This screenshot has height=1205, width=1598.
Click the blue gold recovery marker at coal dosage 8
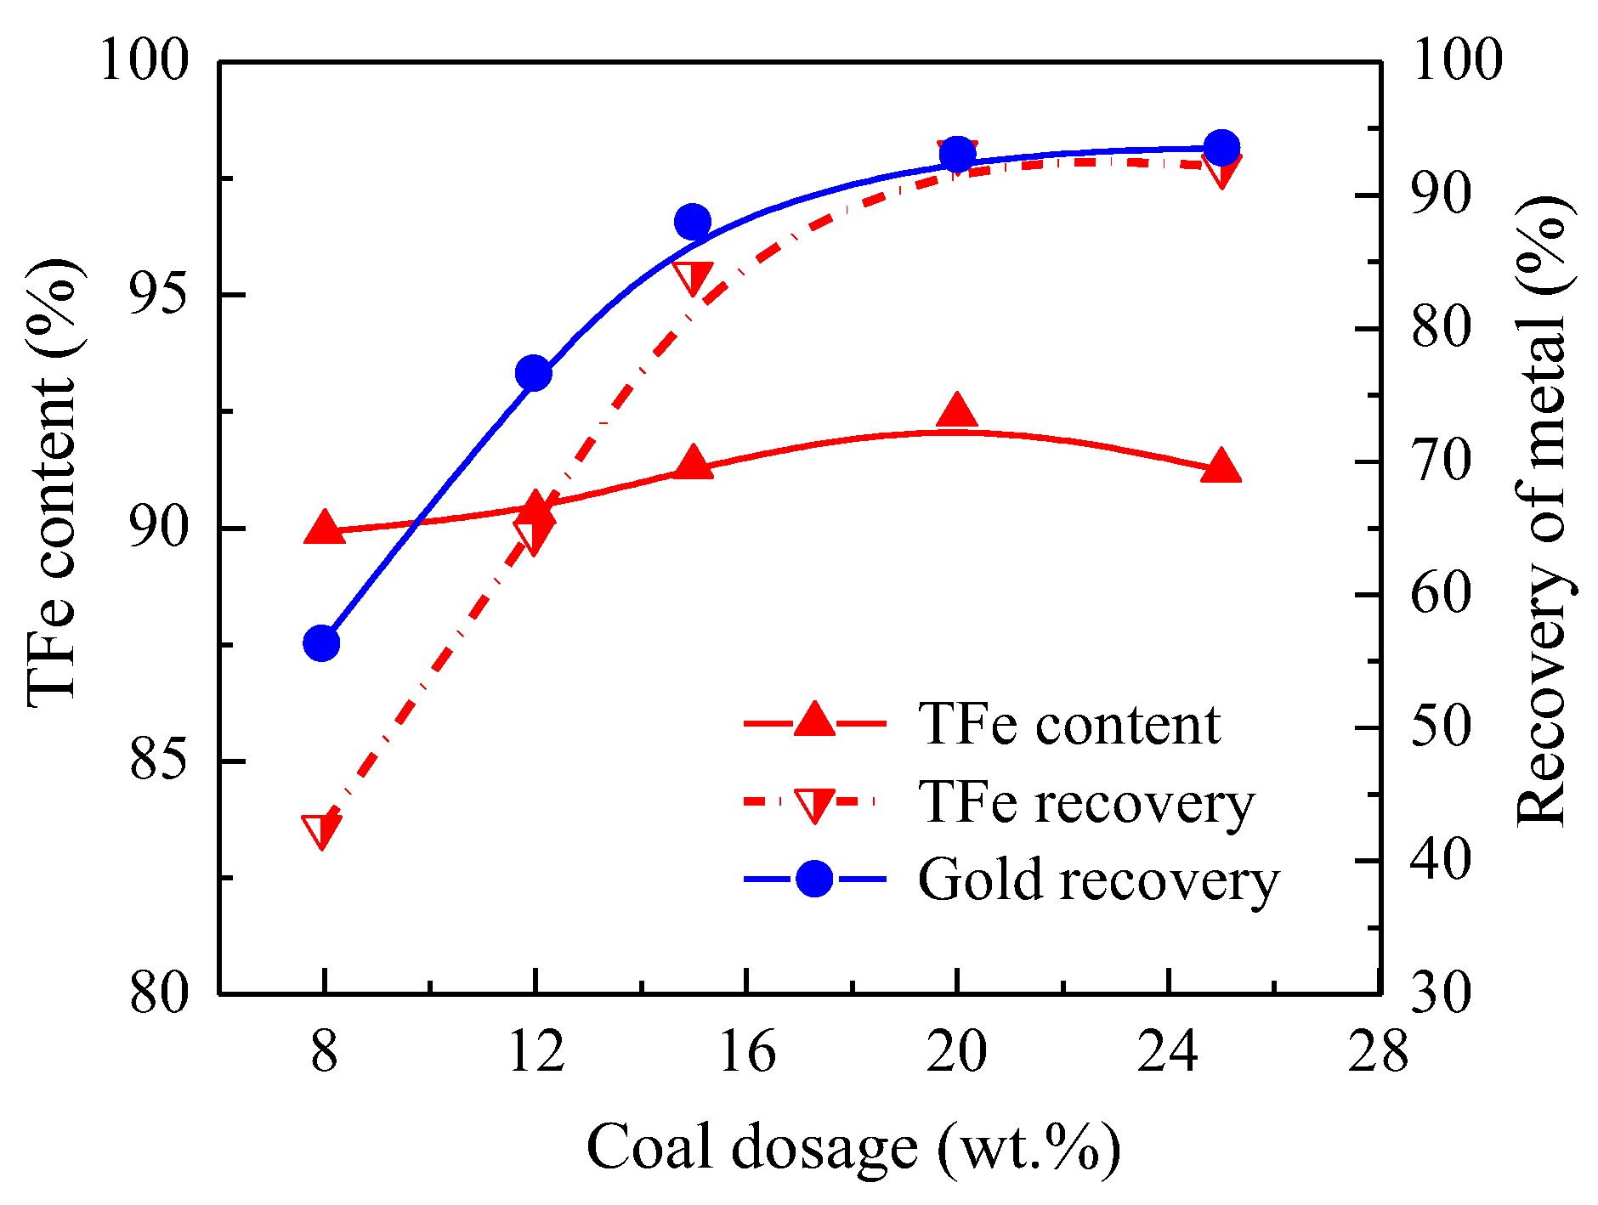pyautogui.click(x=322, y=643)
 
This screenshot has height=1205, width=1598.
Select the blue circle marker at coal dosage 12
pyautogui.click(x=534, y=373)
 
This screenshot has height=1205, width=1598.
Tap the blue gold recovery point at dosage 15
pyautogui.click(x=693, y=222)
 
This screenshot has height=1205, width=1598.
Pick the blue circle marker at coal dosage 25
pyautogui.click(x=1222, y=148)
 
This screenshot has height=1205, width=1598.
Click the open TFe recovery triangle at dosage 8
pyautogui.click(x=321, y=829)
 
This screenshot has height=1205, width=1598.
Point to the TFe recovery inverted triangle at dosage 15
pyautogui.click(x=693, y=276)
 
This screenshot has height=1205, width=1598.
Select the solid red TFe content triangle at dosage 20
pyautogui.click(x=957, y=411)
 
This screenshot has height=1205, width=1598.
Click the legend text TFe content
pyautogui.click(x=1069, y=724)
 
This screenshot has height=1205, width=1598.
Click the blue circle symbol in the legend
pyautogui.click(x=814, y=879)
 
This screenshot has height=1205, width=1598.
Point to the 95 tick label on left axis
pyautogui.click(x=158, y=295)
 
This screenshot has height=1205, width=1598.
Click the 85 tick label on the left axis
pyautogui.click(x=158, y=761)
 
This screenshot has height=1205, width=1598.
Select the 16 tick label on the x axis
pyautogui.click(x=747, y=1052)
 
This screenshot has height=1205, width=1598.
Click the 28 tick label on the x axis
pyautogui.click(x=1379, y=1052)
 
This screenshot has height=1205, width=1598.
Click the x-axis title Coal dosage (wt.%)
pyautogui.click(x=853, y=1147)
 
